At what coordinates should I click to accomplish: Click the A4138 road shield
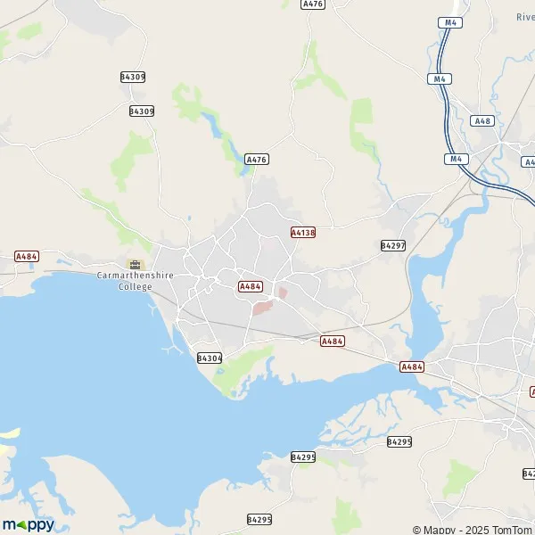pyautogui.click(x=303, y=233)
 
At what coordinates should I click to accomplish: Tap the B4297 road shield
pyautogui.click(x=392, y=245)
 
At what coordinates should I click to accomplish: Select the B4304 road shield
pyautogui.click(x=209, y=358)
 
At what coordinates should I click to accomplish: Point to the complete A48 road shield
pyautogui.click(x=482, y=120)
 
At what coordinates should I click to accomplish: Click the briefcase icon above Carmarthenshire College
pyautogui.click(x=135, y=264)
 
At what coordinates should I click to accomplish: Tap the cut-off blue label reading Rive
pyautogui.click(x=525, y=17)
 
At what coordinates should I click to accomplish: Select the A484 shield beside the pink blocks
pyautogui.click(x=251, y=286)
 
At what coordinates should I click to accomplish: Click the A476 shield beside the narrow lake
pyautogui.click(x=257, y=159)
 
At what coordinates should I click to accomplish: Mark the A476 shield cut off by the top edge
pyautogui.click(x=313, y=4)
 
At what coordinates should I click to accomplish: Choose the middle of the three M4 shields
pyautogui.click(x=440, y=78)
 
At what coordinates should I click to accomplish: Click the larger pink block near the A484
pyautogui.click(x=261, y=308)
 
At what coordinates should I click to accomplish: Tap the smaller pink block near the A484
pyautogui.click(x=283, y=292)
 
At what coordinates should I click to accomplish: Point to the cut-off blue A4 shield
pyautogui.click(x=530, y=162)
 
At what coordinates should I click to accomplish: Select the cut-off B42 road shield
pyautogui.click(x=530, y=473)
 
